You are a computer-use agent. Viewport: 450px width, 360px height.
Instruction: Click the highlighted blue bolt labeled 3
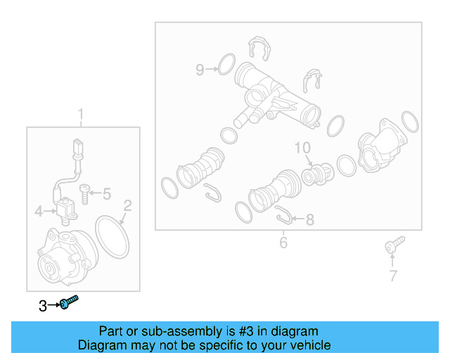pos(69,302)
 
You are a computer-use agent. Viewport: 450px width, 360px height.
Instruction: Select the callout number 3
pos(43,306)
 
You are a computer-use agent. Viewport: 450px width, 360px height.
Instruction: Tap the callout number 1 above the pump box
pos(81,114)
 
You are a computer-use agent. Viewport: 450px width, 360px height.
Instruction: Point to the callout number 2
pos(128,205)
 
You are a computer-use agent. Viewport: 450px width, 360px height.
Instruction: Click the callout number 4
pos(39,212)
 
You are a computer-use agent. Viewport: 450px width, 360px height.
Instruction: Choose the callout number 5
pos(107,194)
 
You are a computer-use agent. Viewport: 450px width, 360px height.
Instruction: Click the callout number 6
pos(283,243)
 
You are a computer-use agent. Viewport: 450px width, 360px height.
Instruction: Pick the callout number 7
pos(393,276)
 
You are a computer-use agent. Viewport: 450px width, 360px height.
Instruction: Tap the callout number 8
pos(310,220)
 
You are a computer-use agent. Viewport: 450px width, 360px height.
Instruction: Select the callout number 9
pos(200,70)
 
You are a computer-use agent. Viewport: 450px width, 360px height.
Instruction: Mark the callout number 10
pos(302,148)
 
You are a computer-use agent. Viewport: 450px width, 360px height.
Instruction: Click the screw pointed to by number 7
pos(394,245)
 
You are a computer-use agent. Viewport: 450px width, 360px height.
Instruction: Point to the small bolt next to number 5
pos(84,194)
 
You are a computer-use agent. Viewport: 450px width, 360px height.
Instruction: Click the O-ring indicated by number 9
pos(226,64)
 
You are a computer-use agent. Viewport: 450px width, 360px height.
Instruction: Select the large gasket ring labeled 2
pos(112,237)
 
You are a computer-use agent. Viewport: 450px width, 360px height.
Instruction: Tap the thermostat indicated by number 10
pos(318,174)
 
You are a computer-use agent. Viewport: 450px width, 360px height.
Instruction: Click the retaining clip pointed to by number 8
pos(283,215)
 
